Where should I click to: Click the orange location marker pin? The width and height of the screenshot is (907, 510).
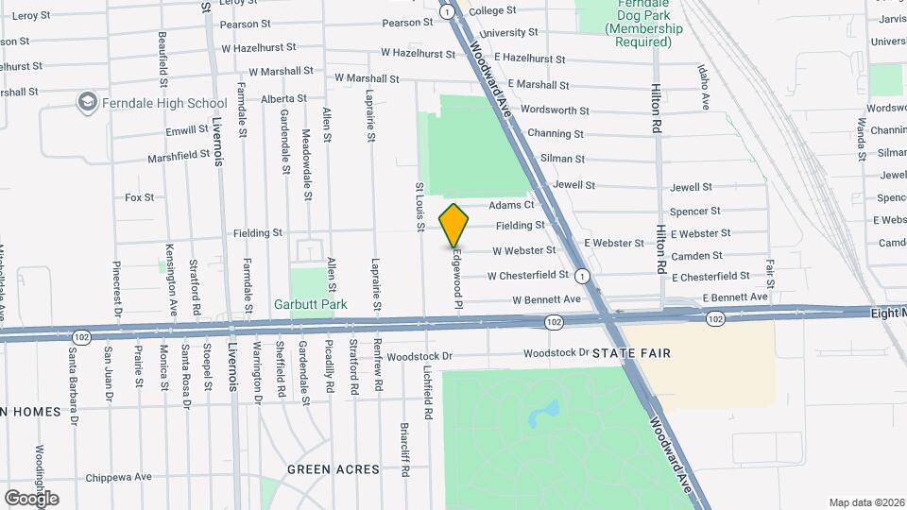tap(454, 224)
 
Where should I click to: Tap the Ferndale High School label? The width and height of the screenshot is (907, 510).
tap(166, 103)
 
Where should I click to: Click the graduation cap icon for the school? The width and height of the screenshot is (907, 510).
tap(88, 101)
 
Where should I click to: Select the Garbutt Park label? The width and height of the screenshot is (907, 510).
tap(310, 304)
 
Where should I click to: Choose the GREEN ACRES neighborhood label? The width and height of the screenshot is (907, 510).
tap(334, 469)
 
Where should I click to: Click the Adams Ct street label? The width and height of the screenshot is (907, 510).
tap(511, 205)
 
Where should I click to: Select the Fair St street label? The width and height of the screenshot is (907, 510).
tap(771, 274)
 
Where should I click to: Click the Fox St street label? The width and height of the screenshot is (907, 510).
tap(139, 197)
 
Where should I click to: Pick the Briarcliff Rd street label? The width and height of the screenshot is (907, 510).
tap(403, 445)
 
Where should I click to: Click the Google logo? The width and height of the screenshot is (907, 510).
tap(31, 498)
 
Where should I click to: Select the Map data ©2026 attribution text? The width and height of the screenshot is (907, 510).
tap(866, 502)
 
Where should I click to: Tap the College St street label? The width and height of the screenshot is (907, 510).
tap(492, 10)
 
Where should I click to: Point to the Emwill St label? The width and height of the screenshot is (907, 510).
tap(186, 129)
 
